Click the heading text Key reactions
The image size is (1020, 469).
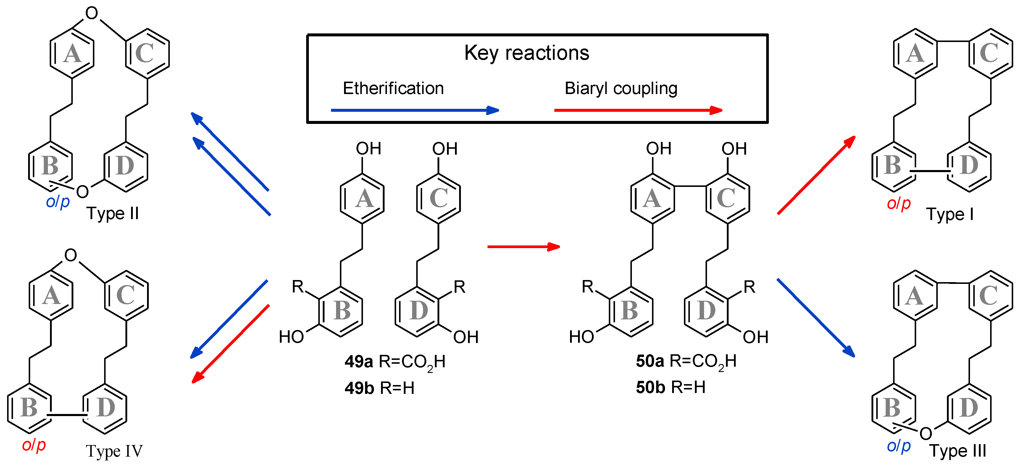click(x=526, y=53)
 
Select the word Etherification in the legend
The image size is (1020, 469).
click(x=393, y=88)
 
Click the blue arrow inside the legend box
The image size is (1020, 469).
click(x=414, y=110)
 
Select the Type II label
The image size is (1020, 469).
click(x=112, y=214)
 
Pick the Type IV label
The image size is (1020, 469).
click(x=114, y=451)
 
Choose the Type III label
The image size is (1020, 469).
click(x=958, y=451)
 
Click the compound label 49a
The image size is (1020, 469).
click(x=358, y=361)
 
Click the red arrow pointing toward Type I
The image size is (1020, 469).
click(x=816, y=175)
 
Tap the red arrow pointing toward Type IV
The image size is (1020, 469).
click(x=230, y=344)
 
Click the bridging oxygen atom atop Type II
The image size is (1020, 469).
click(x=91, y=13)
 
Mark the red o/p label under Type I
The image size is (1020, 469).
click(x=898, y=203)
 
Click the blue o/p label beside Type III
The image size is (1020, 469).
click(x=898, y=446)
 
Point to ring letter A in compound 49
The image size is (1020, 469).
click(x=364, y=199)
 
